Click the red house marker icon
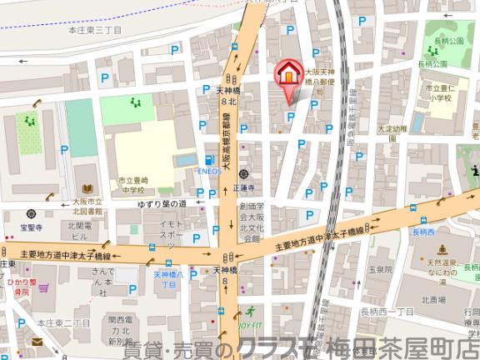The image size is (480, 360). point(287,73)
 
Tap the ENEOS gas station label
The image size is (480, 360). point(209,169)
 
